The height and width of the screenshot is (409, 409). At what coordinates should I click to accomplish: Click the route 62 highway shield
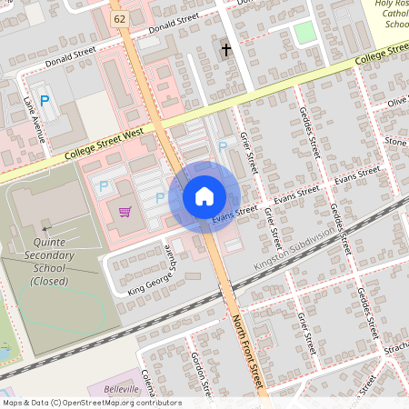tap(120, 17)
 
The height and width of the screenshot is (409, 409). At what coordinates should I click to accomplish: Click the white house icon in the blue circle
tap(204, 196)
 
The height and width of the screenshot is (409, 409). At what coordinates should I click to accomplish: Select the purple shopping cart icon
tap(125, 212)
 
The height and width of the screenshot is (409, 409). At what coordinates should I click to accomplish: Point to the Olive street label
tap(396, 102)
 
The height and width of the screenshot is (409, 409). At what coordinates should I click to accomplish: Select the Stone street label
tap(395, 141)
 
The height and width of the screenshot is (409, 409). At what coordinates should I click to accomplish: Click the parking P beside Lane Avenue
tap(44, 101)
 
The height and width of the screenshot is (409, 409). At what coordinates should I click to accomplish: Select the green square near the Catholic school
tap(305, 32)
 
